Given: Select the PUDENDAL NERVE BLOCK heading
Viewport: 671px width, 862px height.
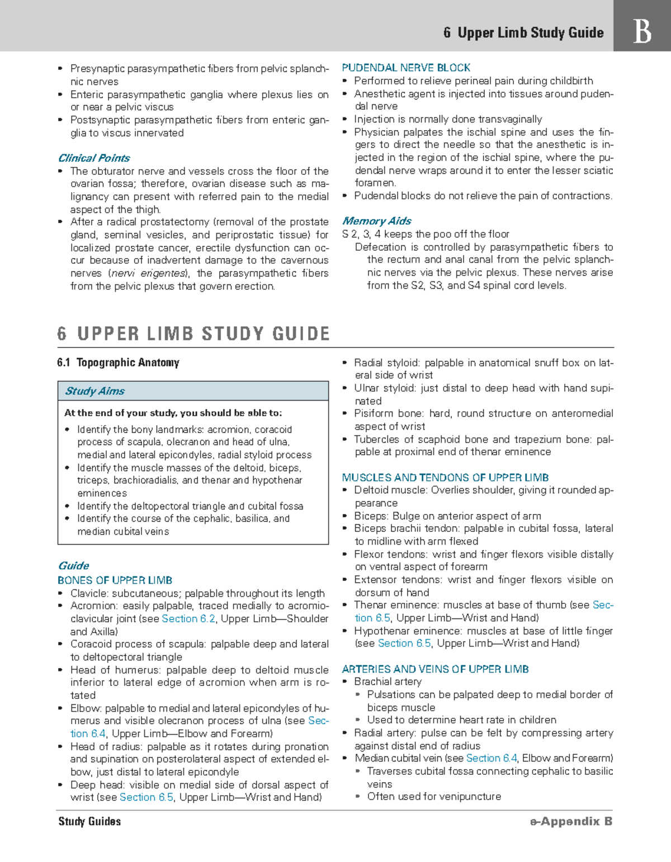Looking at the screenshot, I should (406, 68).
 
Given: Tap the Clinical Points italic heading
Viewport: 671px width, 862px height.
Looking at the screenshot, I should (94, 158).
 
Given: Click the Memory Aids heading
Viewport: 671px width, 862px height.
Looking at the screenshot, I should (376, 221).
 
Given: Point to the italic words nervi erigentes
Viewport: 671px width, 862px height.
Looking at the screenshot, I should (148, 273).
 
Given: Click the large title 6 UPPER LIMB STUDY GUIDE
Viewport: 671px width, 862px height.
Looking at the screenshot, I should (193, 334).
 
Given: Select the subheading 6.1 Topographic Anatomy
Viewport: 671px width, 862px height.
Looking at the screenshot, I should (118, 363).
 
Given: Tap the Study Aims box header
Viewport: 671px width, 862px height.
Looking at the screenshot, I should (95, 391).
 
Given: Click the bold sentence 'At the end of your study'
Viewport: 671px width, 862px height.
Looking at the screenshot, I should (173, 413).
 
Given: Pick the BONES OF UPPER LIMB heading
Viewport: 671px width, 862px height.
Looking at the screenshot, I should (115, 580).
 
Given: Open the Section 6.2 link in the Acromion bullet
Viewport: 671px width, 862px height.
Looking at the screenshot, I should (188, 618).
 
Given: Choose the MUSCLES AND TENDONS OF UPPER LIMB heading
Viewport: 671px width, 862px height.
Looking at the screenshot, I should (445, 478).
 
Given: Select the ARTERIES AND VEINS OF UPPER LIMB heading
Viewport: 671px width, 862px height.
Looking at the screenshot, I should (435, 669).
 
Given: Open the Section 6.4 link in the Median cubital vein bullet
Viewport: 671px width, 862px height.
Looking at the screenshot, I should (492, 758).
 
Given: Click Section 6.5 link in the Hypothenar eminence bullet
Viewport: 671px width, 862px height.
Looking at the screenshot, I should (404, 643).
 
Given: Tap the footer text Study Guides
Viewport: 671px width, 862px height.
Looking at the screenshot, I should (89, 821).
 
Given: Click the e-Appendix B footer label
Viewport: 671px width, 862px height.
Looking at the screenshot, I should (571, 821).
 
